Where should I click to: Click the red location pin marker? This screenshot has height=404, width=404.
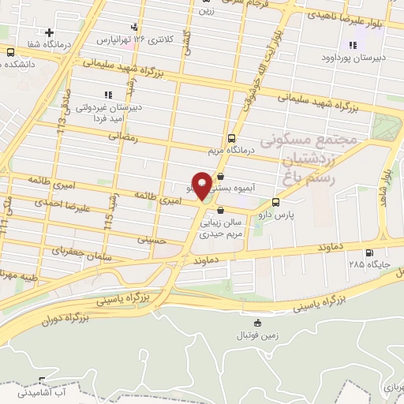pos(202,185)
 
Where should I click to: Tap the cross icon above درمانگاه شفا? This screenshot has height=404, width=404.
pos(50,33)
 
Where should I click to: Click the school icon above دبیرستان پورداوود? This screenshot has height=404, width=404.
pos(352,45)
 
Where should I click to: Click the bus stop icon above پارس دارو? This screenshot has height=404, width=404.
pos(275,202)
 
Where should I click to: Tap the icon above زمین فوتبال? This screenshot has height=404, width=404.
pos(257,324)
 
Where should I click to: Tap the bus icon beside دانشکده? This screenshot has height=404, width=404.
pos(10,52)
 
